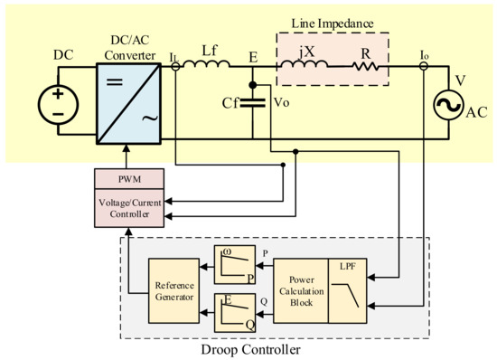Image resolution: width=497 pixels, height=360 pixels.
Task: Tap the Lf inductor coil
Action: [209, 65]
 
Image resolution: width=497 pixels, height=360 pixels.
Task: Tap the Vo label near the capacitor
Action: [280, 102]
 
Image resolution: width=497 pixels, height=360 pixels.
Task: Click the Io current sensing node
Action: [424, 65]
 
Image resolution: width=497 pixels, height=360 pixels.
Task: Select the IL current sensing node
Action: [173, 65]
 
